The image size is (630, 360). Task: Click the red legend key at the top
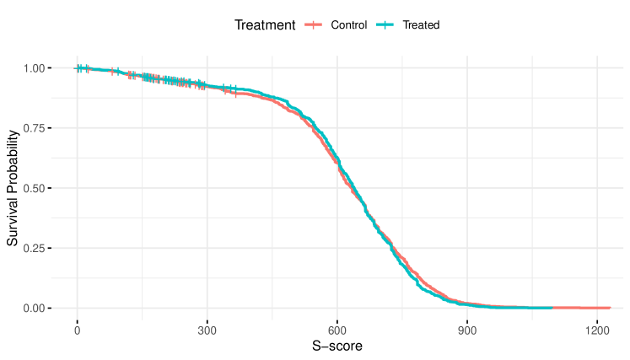pos(313,24)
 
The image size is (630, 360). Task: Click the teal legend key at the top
pos(385,24)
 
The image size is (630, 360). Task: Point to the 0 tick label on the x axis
pos(78,330)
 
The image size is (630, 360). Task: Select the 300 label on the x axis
pos(207,330)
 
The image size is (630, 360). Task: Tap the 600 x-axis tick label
pos(337,330)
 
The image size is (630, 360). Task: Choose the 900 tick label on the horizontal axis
pos(467,330)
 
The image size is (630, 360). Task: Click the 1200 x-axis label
pos(597,330)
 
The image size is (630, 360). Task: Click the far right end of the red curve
pos(610,308)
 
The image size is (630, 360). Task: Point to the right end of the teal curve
pos(552,308)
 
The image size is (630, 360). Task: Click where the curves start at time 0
pos(78,68)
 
